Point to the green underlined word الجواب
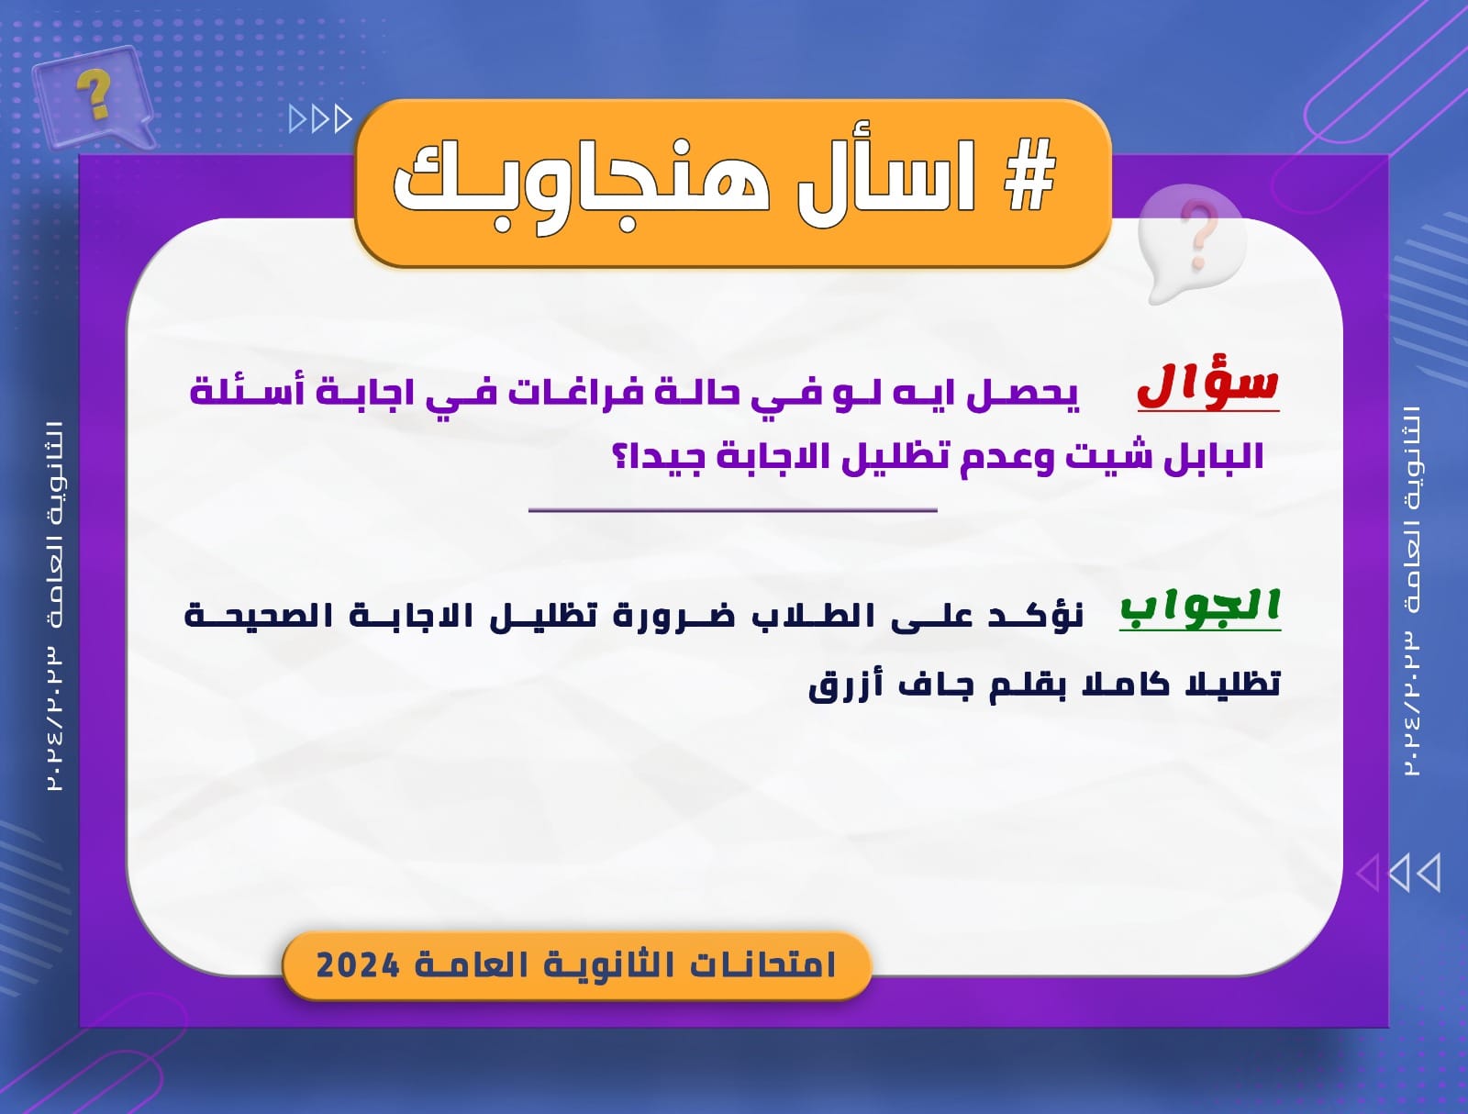1200,607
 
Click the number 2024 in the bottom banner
358,965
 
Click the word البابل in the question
1214,457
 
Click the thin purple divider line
733,510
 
